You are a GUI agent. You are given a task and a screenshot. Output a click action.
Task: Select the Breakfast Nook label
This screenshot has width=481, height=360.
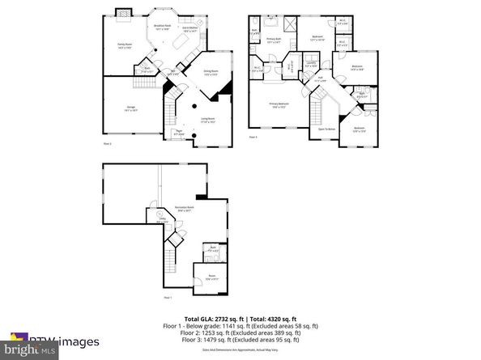pyautogui.click(x=163, y=27)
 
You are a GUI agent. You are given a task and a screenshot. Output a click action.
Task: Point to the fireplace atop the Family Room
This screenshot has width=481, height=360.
pyautogui.click(x=123, y=12)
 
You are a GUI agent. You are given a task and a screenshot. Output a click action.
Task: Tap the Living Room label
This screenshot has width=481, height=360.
pyautogui.click(x=206, y=120)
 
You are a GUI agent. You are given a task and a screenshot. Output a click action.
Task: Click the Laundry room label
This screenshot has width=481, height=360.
pyautogui.click(x=312, y=66)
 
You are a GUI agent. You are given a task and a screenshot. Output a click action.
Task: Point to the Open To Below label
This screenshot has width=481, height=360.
pyautogui.click(x=326, y=129)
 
